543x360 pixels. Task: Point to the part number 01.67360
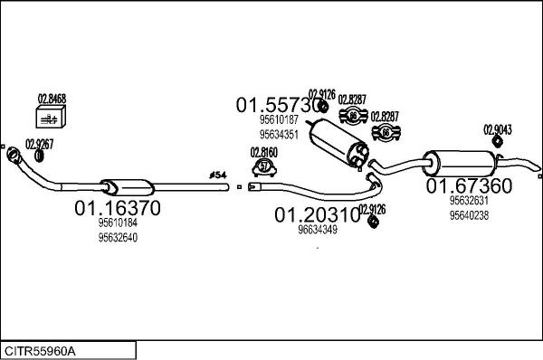pos(469,186)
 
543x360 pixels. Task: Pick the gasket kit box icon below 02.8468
pos(51,118)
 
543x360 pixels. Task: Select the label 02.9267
pos(39,143)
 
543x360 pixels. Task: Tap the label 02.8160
pos(264,152)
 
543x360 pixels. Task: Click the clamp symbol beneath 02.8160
pos(264,166)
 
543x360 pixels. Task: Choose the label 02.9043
pos(497,128)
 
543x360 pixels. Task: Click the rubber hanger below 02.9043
pos(497,142)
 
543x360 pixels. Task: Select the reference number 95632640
pos(118,239)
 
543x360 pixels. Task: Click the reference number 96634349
pos(317,230)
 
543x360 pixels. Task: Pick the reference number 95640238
pos(469,215)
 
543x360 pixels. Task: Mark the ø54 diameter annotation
pos(218,174)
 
